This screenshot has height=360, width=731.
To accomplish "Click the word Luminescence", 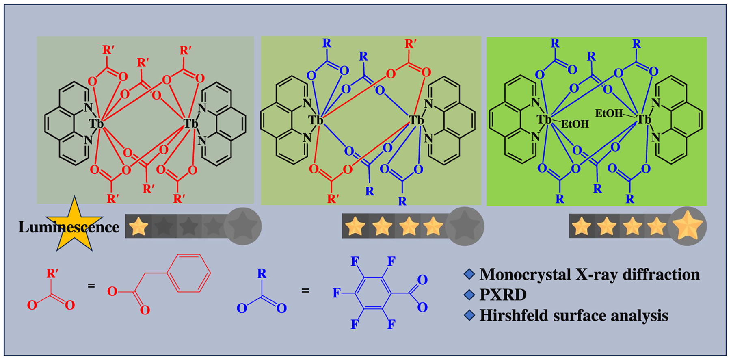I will [x=69, y=227].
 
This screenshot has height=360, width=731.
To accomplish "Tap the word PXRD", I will [x=503, y=295].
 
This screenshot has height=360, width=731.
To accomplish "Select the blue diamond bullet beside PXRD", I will [x=469, y=295].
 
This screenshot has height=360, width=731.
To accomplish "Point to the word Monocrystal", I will [x=525, y=274].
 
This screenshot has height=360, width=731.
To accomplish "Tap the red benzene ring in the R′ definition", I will [x=189, y=273].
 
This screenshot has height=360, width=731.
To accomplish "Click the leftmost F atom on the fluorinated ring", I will [x=336, y=293].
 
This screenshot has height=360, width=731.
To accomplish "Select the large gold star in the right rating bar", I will [x=687, y=227].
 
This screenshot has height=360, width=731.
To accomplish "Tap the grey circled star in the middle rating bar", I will [x=464, y=226].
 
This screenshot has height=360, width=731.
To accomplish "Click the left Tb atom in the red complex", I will [x=96, y=123].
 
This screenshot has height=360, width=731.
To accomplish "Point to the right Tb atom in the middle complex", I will [x=415, y=120].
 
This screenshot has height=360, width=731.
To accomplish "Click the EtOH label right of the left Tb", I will [x=575, y=124].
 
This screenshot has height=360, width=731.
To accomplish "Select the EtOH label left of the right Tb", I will [x=609, y=113].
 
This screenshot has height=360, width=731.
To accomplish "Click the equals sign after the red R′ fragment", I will [x=91, y=286].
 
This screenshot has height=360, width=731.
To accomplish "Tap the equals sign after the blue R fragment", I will [x=305, y=290].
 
